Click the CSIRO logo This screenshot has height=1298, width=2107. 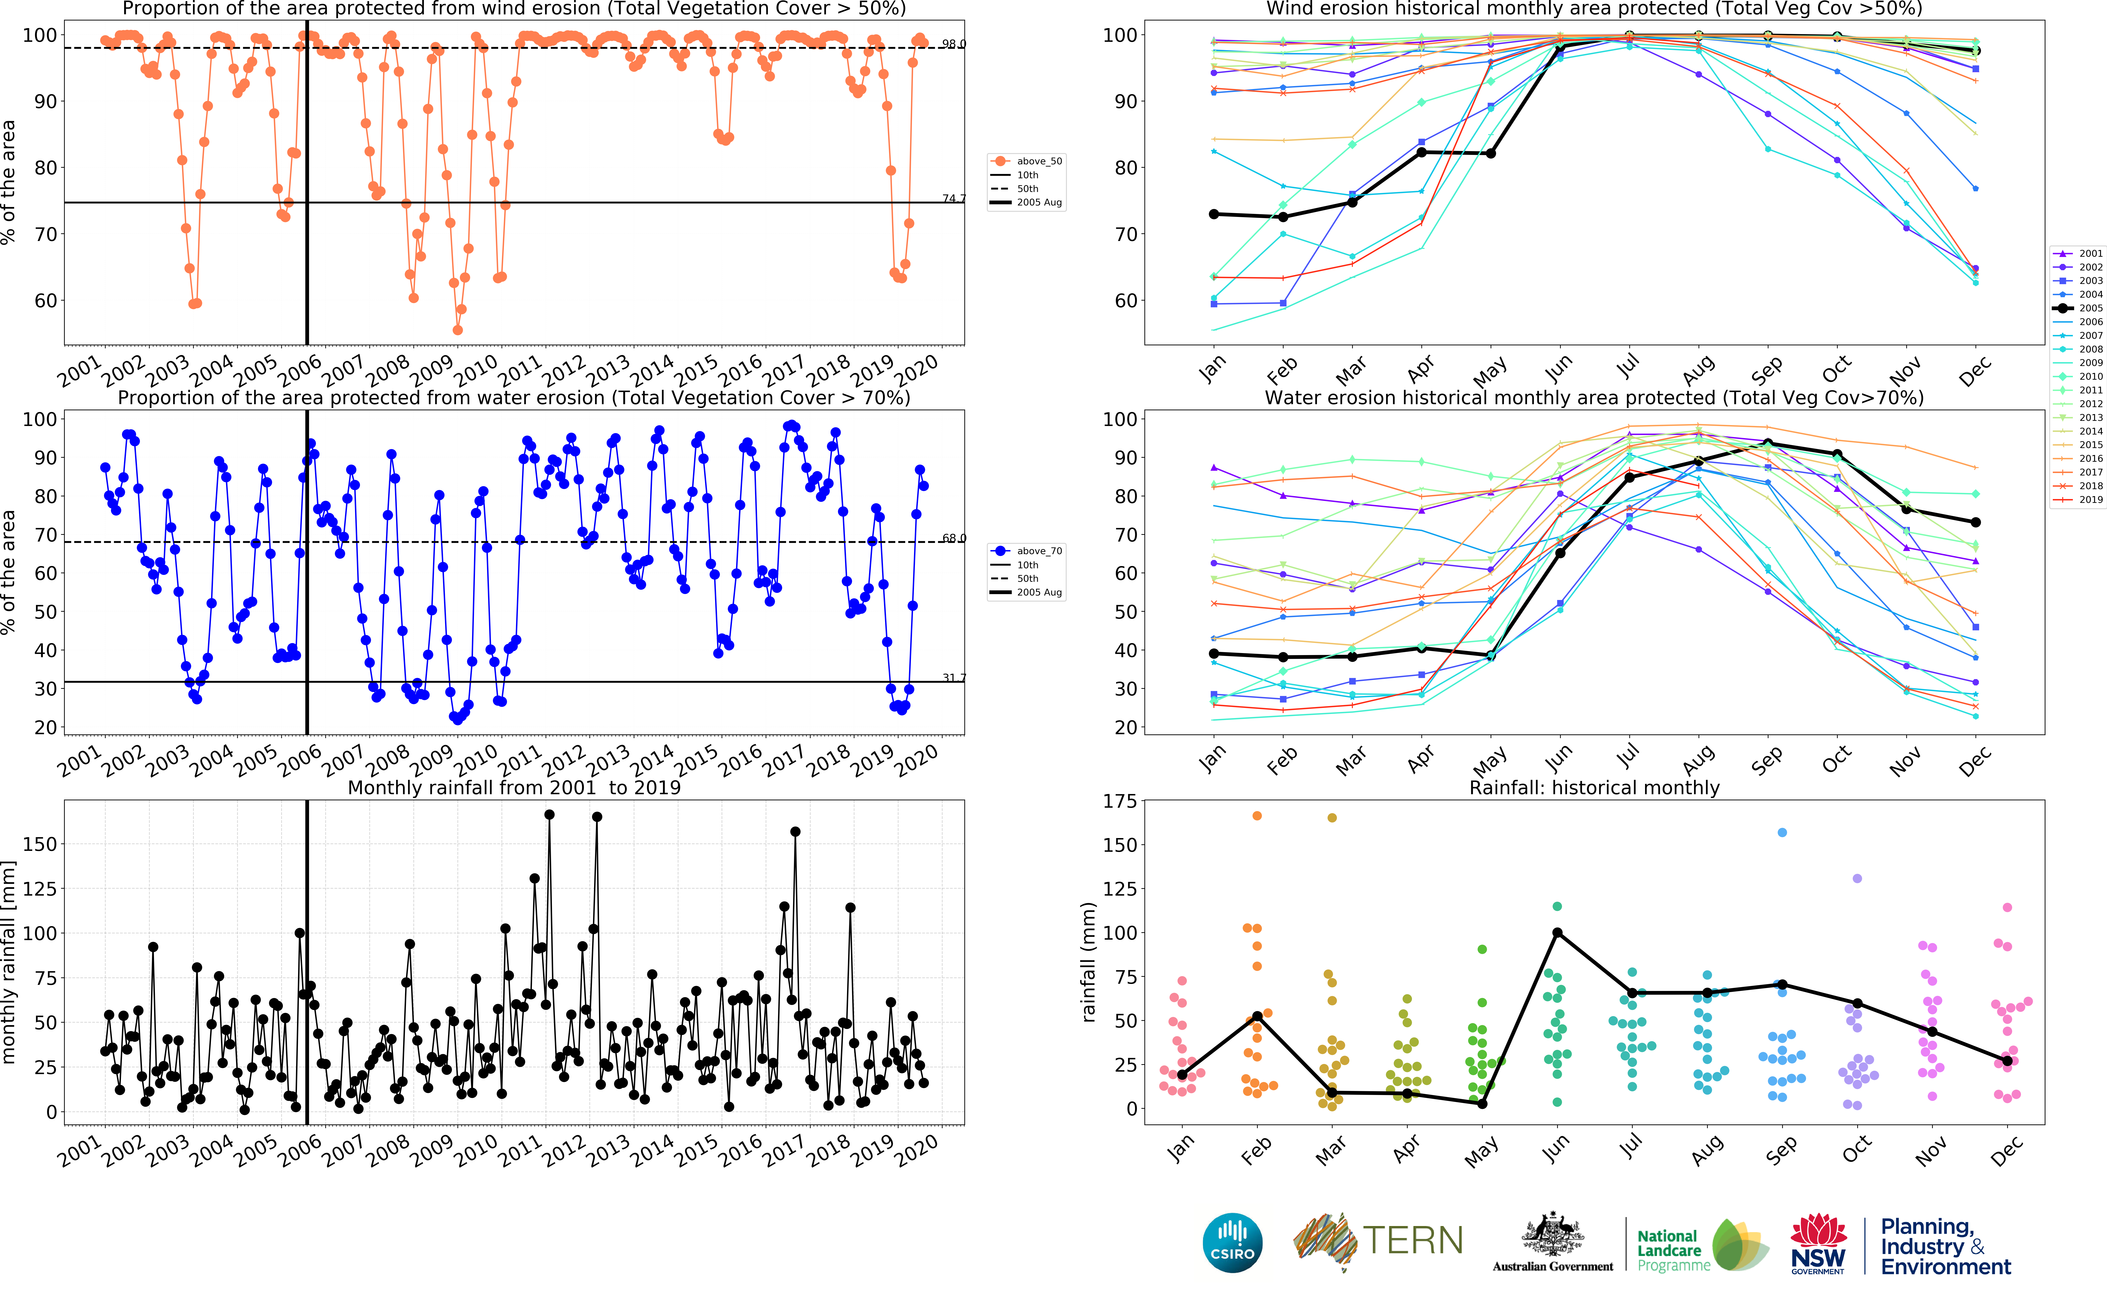[1233, 1242]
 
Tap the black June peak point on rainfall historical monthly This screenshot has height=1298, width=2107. [1557, 933]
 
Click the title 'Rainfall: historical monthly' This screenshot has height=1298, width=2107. [1594, 787]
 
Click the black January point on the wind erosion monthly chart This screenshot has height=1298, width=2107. [1214, 214]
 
